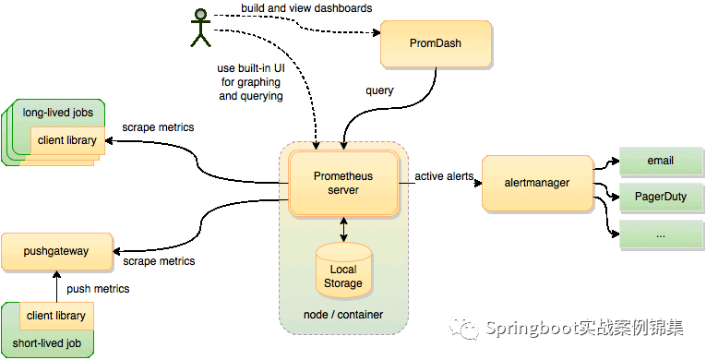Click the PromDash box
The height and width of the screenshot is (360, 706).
(436, 44)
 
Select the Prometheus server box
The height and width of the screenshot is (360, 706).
(342, 183)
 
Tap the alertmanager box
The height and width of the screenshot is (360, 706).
(537, 183)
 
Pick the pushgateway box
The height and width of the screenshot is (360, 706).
(57, 249)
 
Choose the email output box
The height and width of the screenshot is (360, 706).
(660, 160)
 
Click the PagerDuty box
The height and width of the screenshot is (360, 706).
(660, 197)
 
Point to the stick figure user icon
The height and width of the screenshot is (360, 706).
(199, 27)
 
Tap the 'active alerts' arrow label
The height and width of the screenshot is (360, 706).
(439, 176)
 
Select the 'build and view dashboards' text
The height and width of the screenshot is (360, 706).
(306, 8)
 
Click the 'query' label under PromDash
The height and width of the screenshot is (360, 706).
(379, 90)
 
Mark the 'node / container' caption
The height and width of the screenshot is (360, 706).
(342, 315)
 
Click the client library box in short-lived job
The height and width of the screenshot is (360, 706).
(56, 316)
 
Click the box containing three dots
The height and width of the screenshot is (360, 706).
(660, 234)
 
